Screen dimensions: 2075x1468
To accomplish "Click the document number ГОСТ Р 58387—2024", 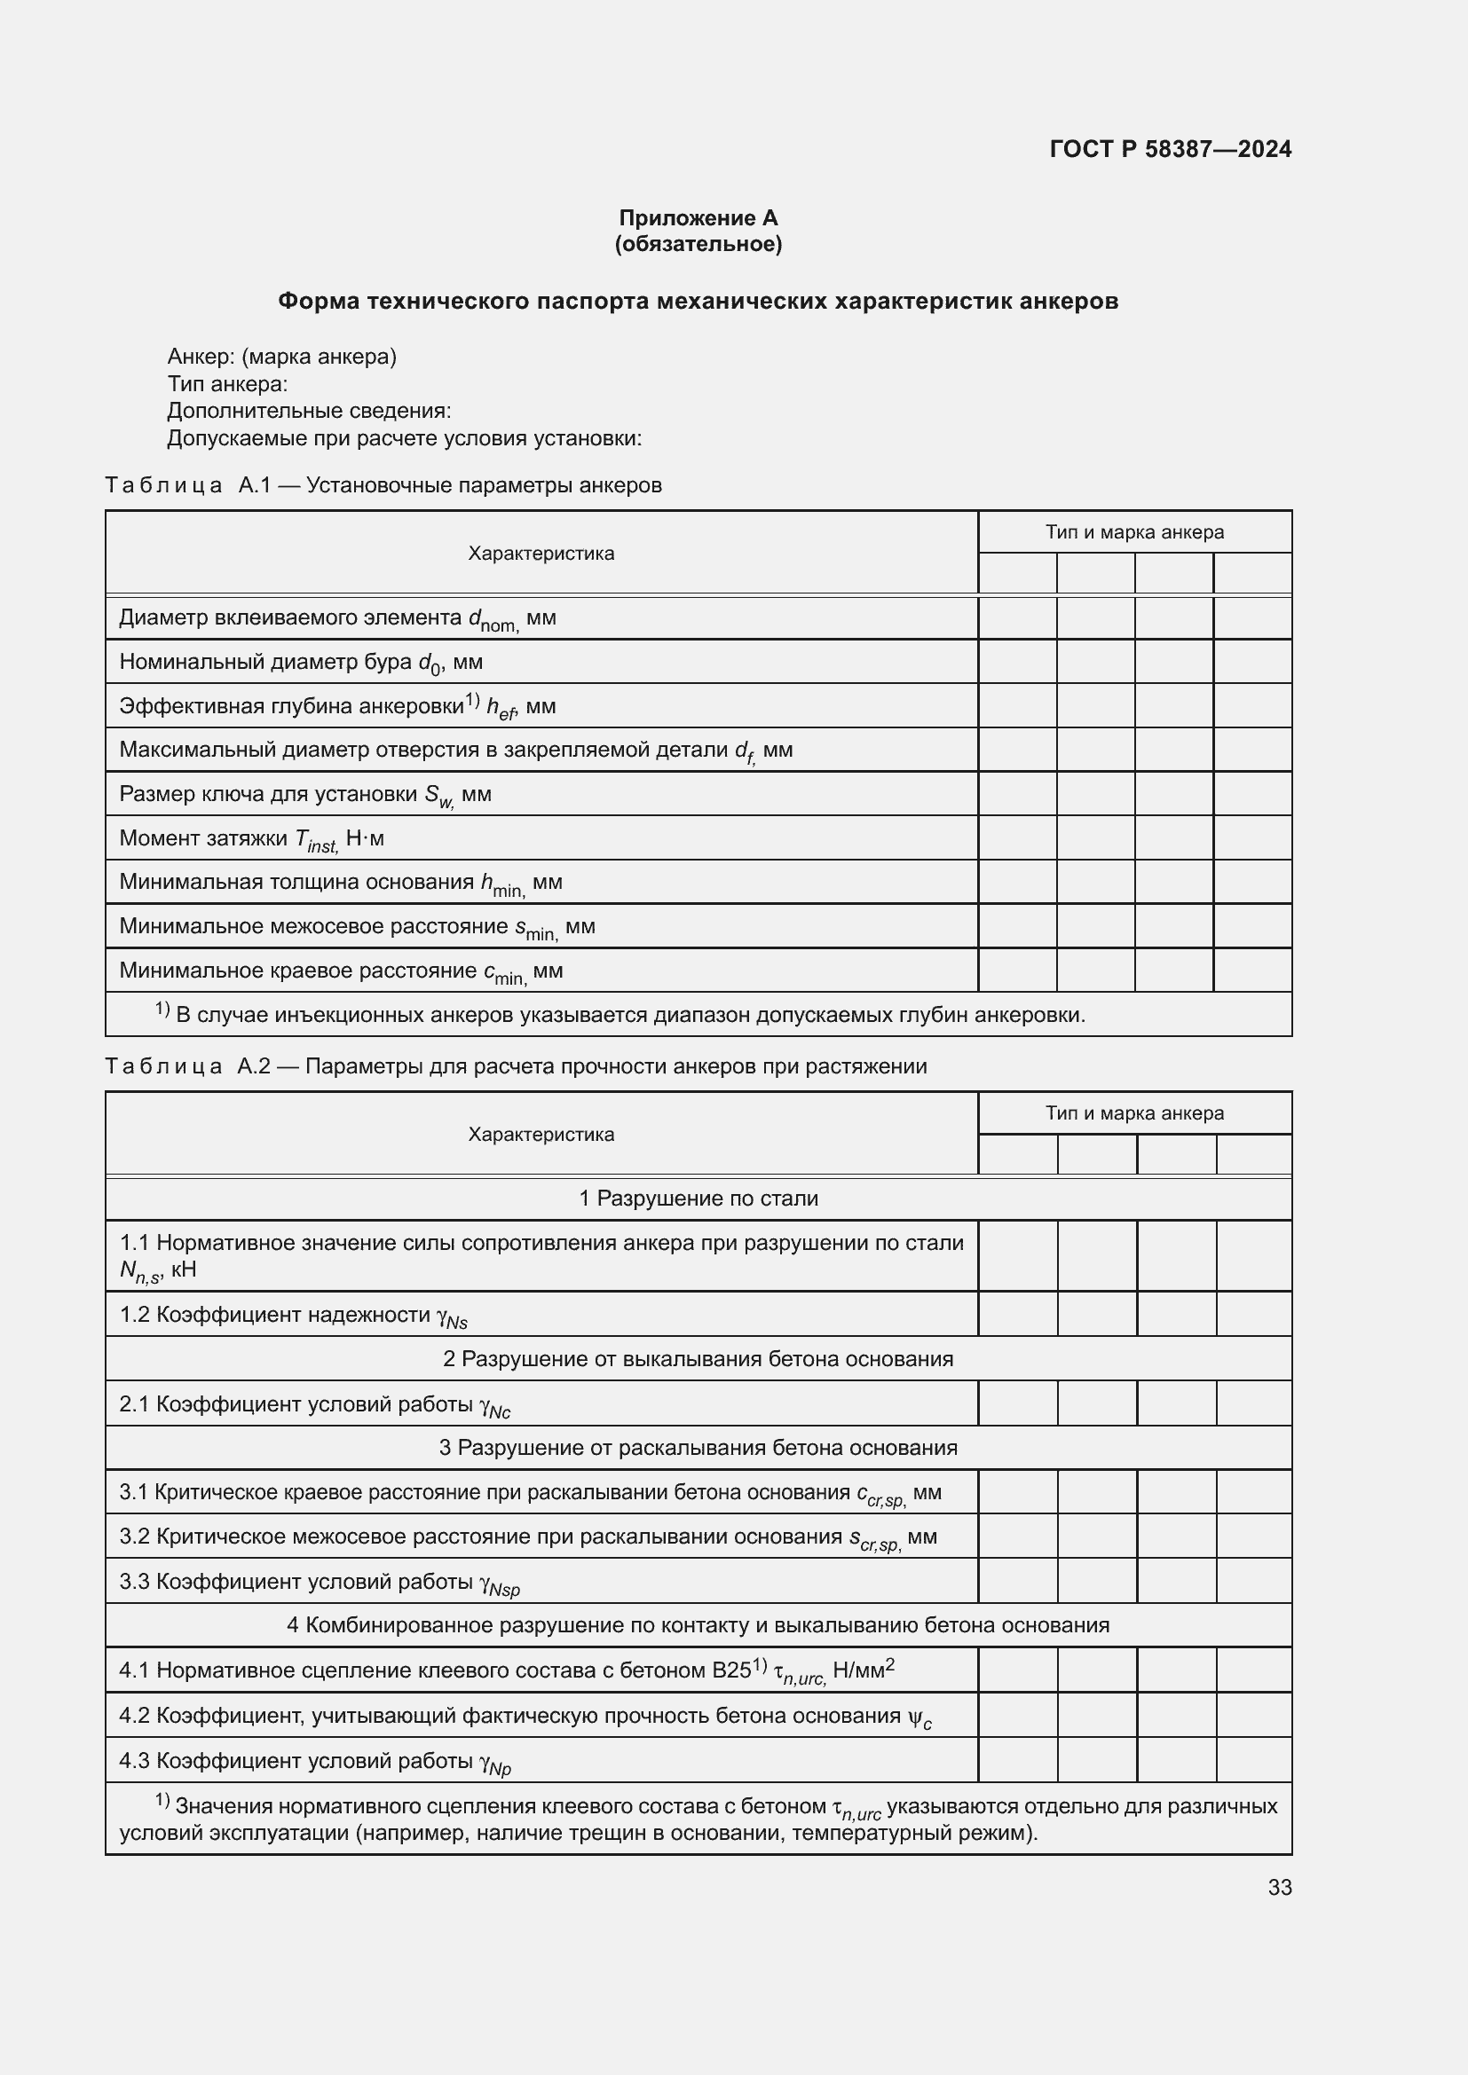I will [1170, 149].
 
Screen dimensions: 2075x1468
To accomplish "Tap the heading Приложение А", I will [698, 218].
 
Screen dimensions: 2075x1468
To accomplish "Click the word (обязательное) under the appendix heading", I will [698, 244].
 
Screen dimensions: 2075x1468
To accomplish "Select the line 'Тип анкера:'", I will [227, 384].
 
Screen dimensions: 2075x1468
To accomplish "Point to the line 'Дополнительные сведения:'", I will [308, 412].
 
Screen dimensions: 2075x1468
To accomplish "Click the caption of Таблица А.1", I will [383, 485].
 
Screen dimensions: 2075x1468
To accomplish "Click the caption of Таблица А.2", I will [516, 1066].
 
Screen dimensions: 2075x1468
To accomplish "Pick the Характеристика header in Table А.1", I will [541, 553].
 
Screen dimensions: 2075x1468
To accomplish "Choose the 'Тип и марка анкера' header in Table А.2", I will [1133, 1113].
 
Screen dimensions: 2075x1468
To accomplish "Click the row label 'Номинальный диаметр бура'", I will [301, 663].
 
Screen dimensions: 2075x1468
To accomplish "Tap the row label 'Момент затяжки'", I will [251, 838].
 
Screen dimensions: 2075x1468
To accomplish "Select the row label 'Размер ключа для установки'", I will [304, 794].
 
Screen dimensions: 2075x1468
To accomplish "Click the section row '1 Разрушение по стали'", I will [698, 1199].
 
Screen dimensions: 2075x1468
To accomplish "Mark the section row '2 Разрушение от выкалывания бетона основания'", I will [698, 1359].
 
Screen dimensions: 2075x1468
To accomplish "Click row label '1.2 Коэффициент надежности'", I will [293, 1315].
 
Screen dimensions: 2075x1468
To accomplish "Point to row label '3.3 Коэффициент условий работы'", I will [320, 1582].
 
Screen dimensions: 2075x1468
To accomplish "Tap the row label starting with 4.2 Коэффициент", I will [525, 1717].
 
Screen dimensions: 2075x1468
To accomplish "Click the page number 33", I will [1279, 1887].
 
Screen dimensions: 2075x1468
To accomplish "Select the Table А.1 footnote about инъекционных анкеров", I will [620, 1015].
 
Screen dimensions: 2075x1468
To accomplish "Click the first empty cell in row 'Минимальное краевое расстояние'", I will [1017, 971].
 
